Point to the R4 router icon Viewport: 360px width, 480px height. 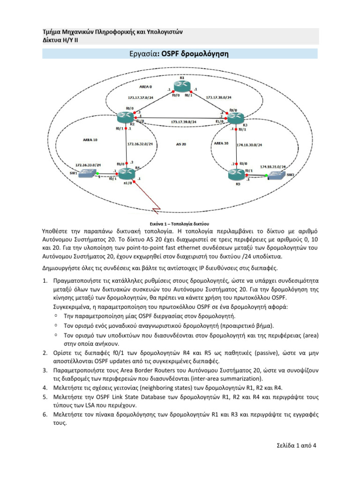point(127,174)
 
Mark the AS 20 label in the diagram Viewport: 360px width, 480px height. point(180,143)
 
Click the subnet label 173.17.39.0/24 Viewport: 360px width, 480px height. point(183,122)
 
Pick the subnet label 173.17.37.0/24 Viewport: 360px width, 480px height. point(140,97)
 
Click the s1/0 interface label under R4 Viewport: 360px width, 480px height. point(127,184)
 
